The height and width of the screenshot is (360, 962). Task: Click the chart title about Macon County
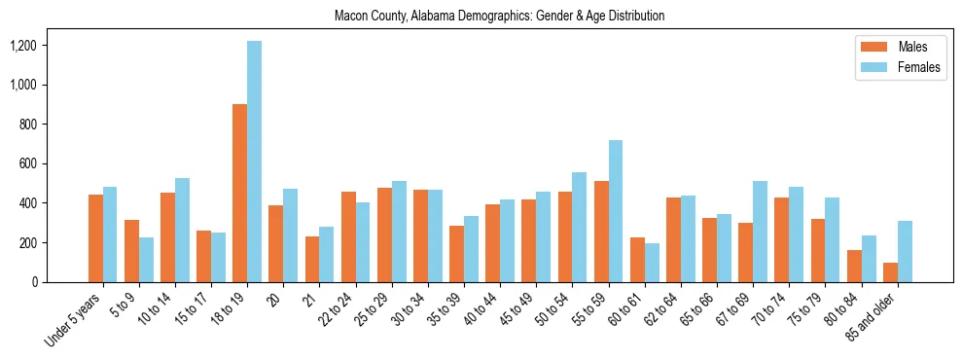[x=499, y=16]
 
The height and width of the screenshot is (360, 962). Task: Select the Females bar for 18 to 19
[x=254, y=162]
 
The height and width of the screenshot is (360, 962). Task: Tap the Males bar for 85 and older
[x=890, y=272]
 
